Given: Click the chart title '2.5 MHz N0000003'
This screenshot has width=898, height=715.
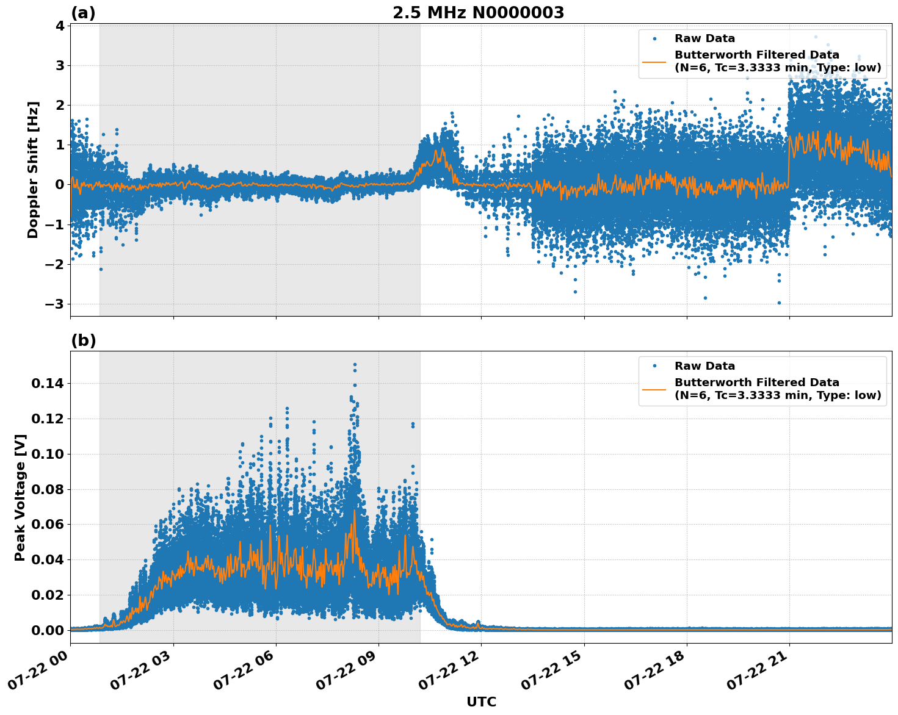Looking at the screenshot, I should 478,13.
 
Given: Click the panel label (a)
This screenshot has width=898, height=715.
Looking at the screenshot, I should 83,13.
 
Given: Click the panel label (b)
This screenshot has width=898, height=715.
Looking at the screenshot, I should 83,340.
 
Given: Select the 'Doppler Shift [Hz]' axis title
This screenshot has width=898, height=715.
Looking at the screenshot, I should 33,170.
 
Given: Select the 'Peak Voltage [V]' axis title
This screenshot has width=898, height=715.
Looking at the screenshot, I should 20,497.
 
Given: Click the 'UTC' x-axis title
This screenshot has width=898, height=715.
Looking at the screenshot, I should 481,702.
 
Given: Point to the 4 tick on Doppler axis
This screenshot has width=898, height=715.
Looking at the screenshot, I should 60,26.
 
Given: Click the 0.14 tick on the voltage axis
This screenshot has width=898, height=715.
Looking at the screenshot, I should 48,383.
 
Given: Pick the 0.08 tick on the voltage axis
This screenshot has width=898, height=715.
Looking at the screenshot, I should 48,489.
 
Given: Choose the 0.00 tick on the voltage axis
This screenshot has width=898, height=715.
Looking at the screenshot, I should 48,630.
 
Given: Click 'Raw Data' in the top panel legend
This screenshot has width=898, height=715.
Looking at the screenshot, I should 704,38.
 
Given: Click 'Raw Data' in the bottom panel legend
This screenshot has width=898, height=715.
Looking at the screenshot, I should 704,366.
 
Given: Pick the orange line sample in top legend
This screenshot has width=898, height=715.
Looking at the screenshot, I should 654,62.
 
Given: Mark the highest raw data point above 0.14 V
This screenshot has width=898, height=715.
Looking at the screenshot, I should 355,364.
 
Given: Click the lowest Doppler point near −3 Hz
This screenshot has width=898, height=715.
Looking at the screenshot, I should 779,303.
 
